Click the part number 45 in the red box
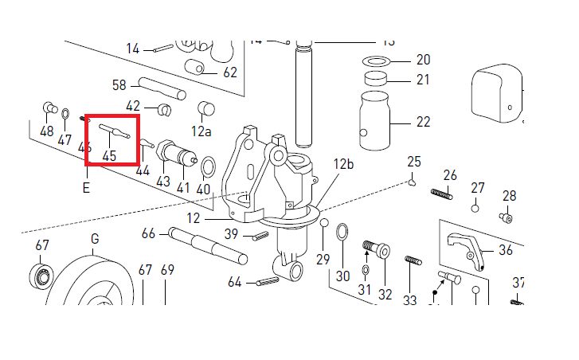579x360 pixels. point(109,156)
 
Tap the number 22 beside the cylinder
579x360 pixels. point(423,122)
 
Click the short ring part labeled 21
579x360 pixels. point(377,80)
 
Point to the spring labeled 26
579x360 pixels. point(441,193)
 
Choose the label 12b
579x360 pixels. point(343,164)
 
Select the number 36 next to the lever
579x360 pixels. point(506,250)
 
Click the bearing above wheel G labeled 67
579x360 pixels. point(41,276)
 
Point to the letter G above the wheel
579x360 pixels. point(95,239)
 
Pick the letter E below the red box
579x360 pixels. point(85,189)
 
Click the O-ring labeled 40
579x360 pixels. point(207,167)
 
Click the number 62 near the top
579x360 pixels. point(230,72)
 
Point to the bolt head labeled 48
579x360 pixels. point(48,106)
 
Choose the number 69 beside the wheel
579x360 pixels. point(167,270)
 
